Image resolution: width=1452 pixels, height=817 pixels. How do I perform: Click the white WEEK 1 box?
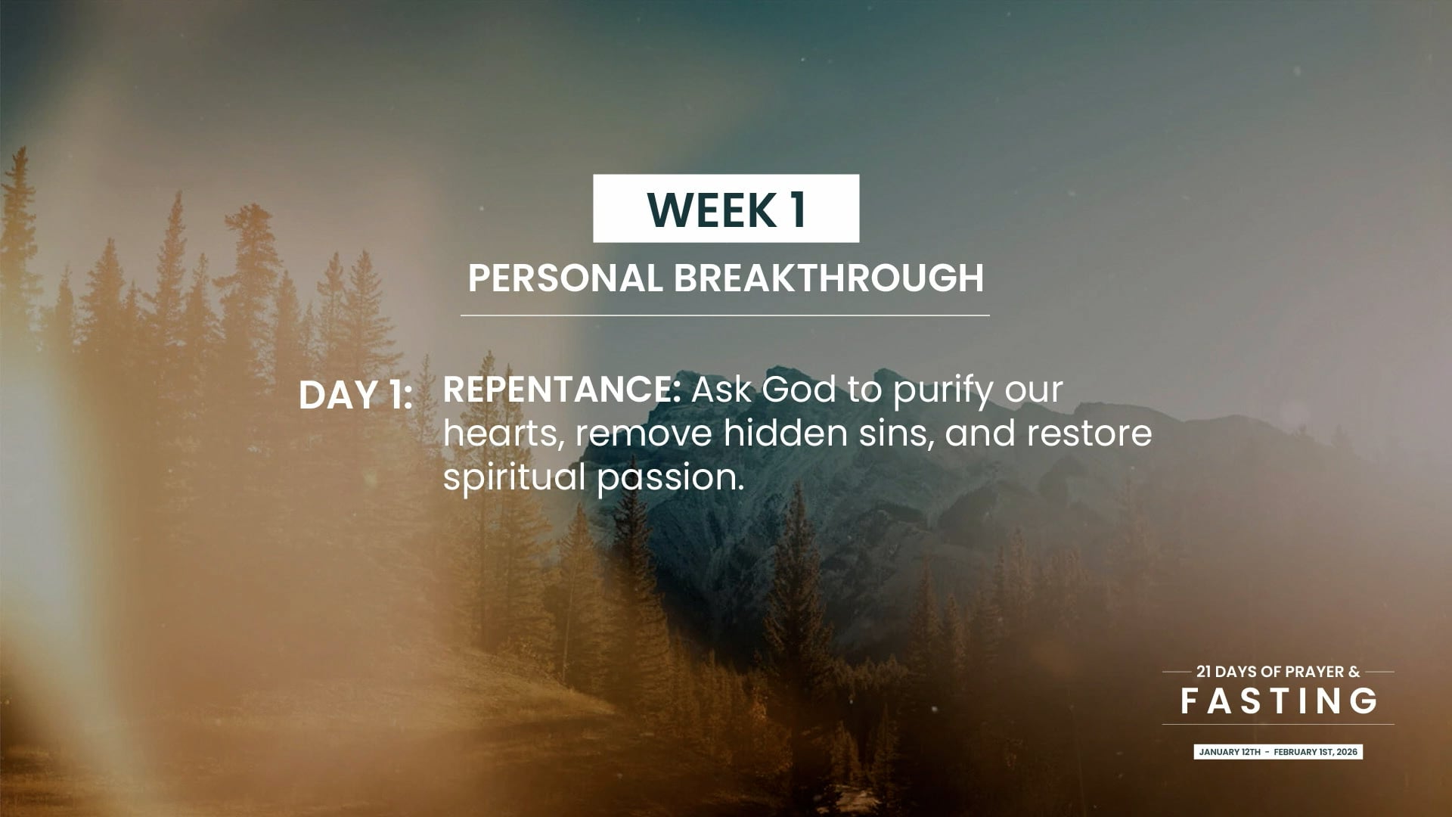[x=726, y=208]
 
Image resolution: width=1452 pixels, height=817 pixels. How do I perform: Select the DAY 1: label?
[x=355, y=395]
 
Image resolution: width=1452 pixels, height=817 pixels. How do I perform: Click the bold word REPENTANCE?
[x=562, y=390]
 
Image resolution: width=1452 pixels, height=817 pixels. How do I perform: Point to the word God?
[x=799, y=390]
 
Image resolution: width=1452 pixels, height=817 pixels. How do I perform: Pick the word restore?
[x=1089, y=434]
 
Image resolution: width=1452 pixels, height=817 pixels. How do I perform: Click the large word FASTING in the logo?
[x=1279, y=701]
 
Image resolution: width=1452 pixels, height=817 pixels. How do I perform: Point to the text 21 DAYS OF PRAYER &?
[x=1278, y=672]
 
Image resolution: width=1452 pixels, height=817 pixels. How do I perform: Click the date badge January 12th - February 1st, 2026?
[x=1278, y=752]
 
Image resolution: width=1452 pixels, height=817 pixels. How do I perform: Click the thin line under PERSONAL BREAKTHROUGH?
[x=725, y=315]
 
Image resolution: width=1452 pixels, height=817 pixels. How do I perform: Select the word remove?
[x=644, y=434]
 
